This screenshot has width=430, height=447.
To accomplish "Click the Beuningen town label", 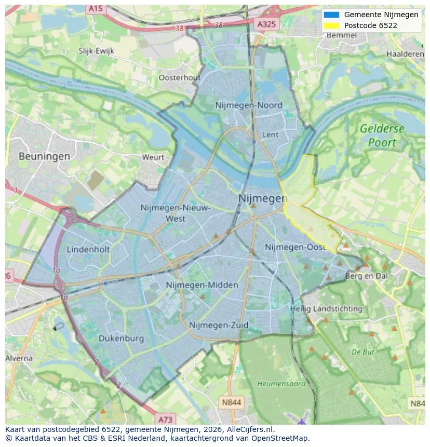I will pyautogui.click(x=44, y=156).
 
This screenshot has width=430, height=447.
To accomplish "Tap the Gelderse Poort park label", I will pyautogui.click(x=382, y=136).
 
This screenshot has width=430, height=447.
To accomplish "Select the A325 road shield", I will pyautogui.click(x=267, y=24).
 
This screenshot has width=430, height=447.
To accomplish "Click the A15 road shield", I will pyautogui.click(x=95, y=8).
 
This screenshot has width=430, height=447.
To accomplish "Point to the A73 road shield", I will pyautogui.click(x=165, y=419).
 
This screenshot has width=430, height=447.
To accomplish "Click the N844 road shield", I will pyautogui.click(x=231, y=402).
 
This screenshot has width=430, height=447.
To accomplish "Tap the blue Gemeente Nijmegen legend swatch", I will pyautogui.click(x=331, y=15).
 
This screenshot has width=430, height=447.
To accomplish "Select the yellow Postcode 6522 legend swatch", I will pyautogui.click(x=331, y=25).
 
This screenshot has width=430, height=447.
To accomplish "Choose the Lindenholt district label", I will pyautogui.click(x=88, y=249).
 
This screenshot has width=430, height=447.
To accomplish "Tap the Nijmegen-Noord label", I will pyautogui.click(x=249, y=105).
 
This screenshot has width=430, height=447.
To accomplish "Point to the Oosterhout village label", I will pyautogui.click(x=179, y=77).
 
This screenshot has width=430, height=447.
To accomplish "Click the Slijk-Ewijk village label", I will pyautogui.click(x=96, y=51).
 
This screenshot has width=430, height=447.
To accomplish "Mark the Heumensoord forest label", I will pyautogui.click(x=281, y=384).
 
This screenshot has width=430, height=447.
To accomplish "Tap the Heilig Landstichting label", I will pyautogui.click(x=326, y=308).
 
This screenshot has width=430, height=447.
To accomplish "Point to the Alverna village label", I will pyautogui.click(x=19, y=358).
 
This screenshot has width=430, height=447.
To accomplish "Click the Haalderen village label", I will pyautogui.click(x=405, y=54).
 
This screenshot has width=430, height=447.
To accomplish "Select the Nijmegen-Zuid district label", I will pyautogui.click(x=219, y=325).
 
